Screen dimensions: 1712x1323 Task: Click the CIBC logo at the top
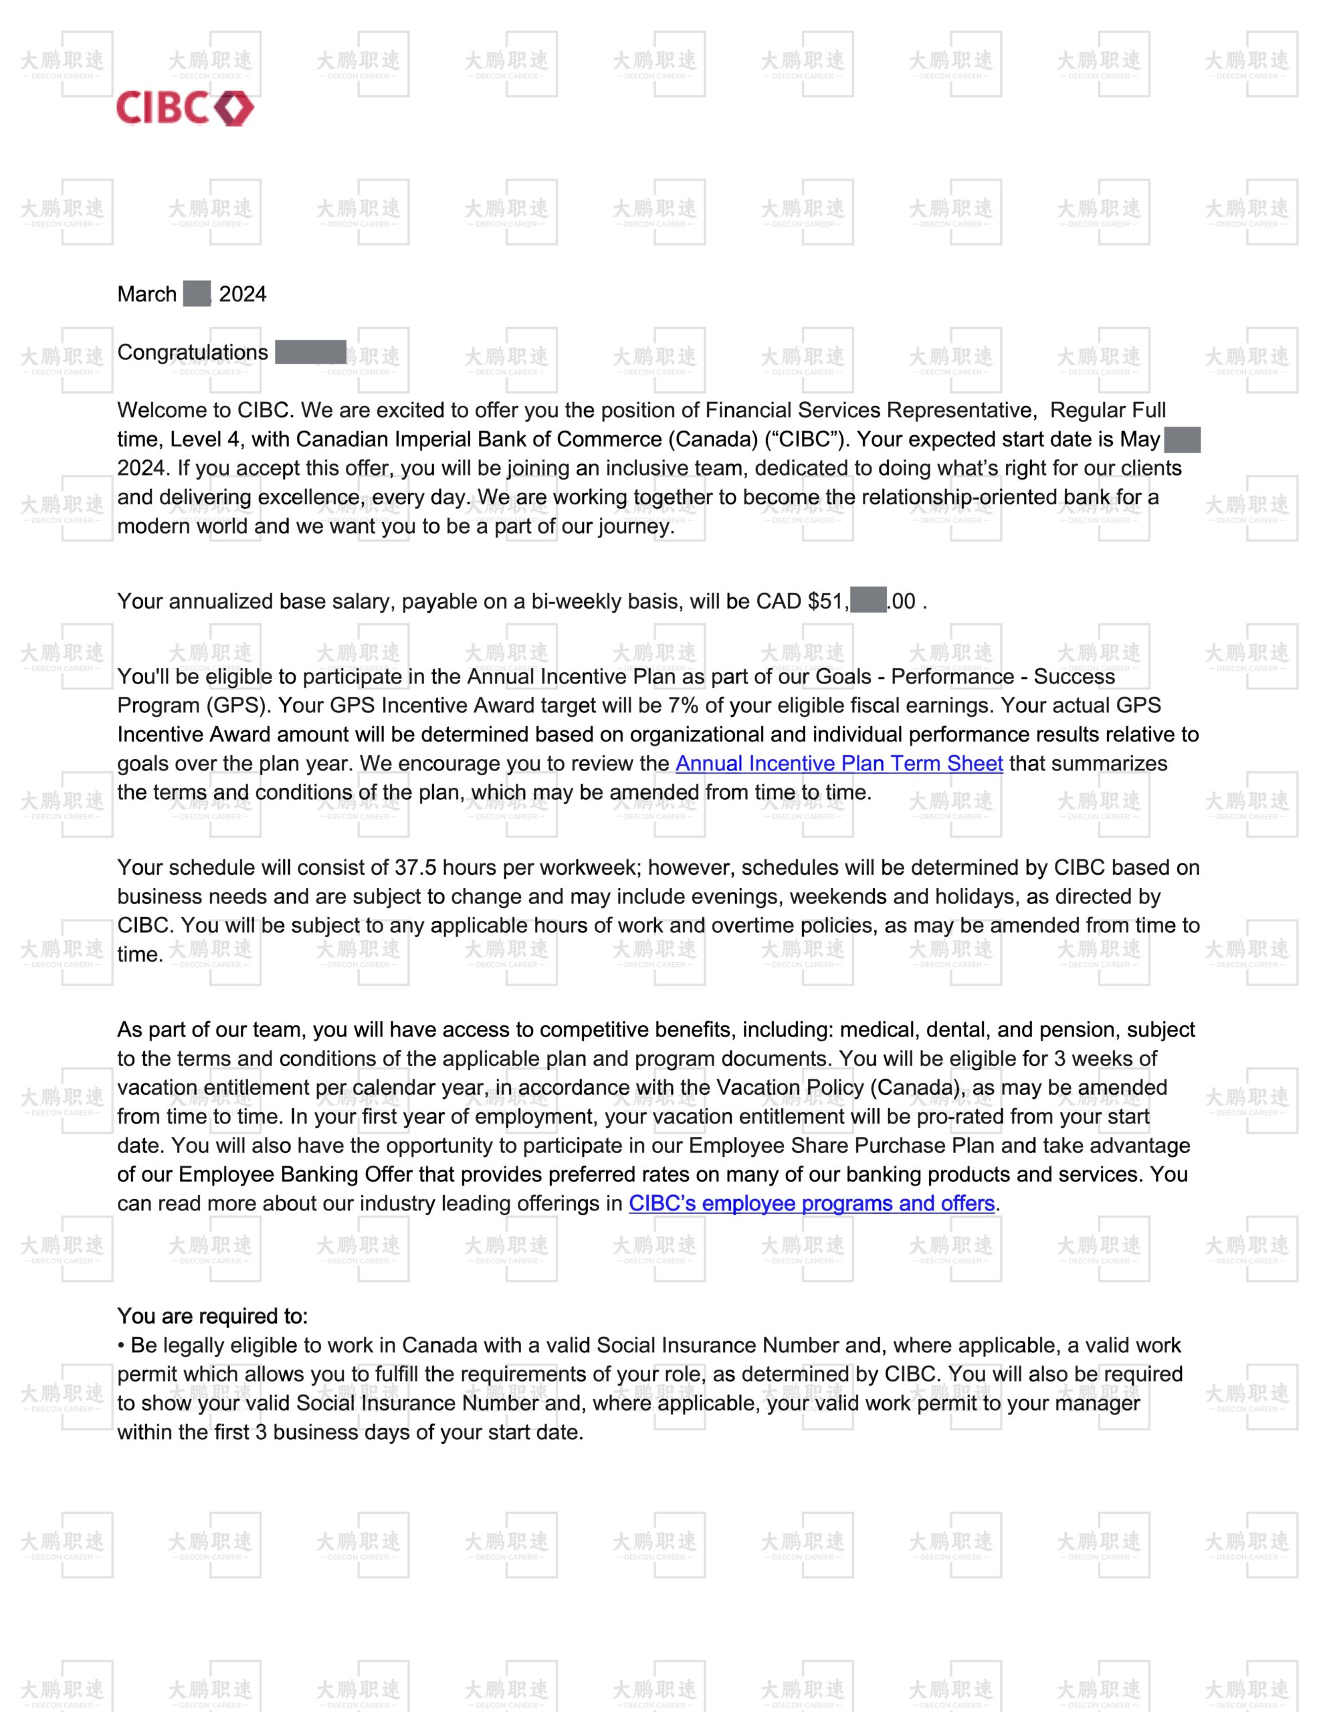point(185,108)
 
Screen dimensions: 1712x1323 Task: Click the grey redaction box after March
point(197,294)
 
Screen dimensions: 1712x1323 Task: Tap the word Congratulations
point(192,352)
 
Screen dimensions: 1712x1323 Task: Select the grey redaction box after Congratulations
point(310,352)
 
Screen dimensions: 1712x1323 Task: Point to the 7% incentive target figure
point(682,706)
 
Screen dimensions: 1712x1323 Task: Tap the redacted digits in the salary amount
point(868,601)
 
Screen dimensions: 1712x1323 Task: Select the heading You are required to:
point(213,1316)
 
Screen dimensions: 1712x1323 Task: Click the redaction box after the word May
point(1182,440)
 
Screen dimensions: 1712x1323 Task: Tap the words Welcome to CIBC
point(205,411)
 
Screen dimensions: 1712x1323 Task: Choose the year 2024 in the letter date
point(242,294)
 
